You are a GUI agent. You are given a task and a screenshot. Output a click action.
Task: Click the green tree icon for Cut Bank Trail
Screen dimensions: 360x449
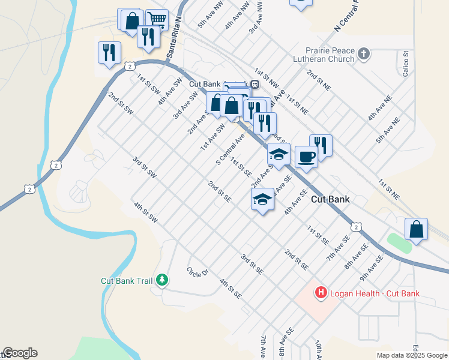(x=161, y=280)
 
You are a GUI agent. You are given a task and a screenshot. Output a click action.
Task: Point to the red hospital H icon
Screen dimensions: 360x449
(x=321, y=293)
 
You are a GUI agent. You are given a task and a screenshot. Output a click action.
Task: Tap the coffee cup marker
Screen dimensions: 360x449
(x=306, y=157)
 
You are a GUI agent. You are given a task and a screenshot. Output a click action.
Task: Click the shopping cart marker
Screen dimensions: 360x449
(x=157, y=19)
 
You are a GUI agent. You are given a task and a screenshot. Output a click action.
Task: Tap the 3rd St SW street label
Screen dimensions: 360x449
(x=145, y=167)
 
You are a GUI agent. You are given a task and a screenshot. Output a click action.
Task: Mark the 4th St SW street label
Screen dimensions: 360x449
(x=146, y=212)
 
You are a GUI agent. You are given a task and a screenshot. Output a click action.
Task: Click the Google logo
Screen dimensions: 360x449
(x=20, y=353)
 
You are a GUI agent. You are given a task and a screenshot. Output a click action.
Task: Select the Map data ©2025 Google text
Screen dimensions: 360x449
(x=412, y=355)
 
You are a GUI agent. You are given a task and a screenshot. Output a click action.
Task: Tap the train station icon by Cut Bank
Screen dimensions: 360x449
(x=255, y=85)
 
